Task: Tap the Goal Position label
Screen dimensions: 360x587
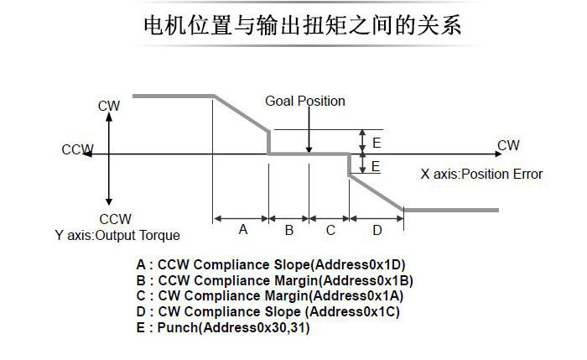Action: [x=305, y=102]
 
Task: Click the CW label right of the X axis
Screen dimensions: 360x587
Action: [x=508, y=145]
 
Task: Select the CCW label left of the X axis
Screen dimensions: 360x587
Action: [x=77, y=150]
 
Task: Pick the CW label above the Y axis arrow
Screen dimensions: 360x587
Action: [x=109, y=106]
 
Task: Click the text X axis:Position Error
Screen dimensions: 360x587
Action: [x=481, y=175]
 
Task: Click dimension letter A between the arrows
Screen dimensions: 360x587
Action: [x=242, y=229]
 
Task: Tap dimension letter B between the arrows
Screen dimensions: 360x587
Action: [x=288, y=229]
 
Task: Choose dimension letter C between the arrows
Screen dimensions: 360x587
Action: [x=330, y=229]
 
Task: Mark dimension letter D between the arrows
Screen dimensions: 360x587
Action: [x=377, y=229]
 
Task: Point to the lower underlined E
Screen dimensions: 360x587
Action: [x=376, y=166]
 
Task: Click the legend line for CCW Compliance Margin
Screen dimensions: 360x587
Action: [x=275, y=280]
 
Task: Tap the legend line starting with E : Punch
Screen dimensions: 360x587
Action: [x=223, y=328]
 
